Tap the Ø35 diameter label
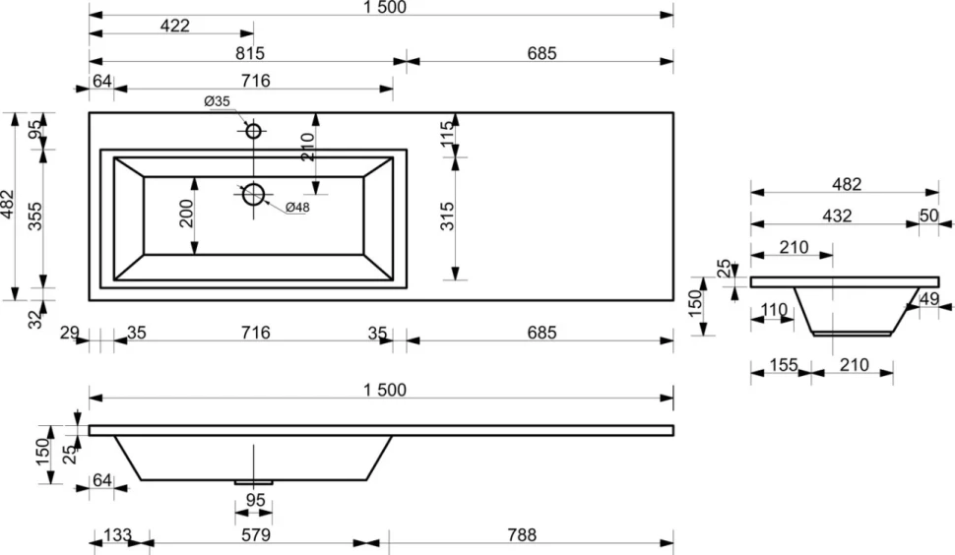[217, 101]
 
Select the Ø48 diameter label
[297, 208]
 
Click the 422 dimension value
[175, 26]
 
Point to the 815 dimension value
[250, 53]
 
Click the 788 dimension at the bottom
[522, 535]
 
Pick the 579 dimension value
[255, 535]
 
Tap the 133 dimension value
[117, 535]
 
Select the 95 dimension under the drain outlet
[255, 500]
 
